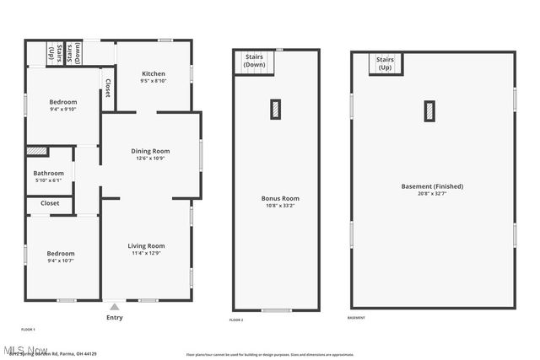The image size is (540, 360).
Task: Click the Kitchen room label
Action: tap(153, 73)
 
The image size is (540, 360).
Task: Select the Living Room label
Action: tap(146, 245)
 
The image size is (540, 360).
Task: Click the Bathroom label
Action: tap(48, 173)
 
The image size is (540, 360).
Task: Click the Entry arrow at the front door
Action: tap(114, 307)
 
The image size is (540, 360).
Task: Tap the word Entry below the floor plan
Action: tap(114, 318)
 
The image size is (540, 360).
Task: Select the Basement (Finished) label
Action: tap(432, 186)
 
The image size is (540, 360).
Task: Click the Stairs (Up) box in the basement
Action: tap(386, 63)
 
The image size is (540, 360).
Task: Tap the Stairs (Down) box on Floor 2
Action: tap(254, 62)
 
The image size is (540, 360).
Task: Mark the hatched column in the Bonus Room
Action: tap(275, 109)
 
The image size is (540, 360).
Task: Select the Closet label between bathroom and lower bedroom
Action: tap(50, 203)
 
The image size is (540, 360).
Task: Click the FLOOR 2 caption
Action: tap(236, 320)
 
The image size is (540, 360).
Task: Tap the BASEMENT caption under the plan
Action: tap(356, 318)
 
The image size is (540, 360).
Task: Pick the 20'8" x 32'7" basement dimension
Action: tap(432, 193)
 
